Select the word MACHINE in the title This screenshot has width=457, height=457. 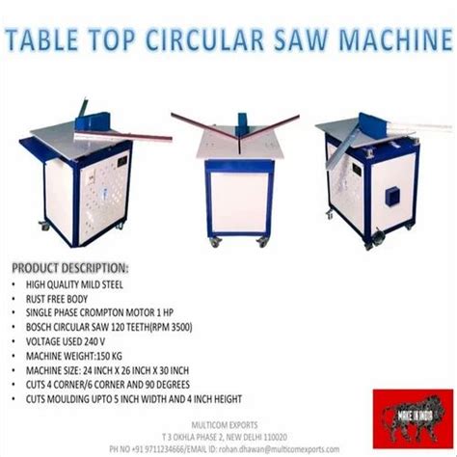click(x=397, y=41)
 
